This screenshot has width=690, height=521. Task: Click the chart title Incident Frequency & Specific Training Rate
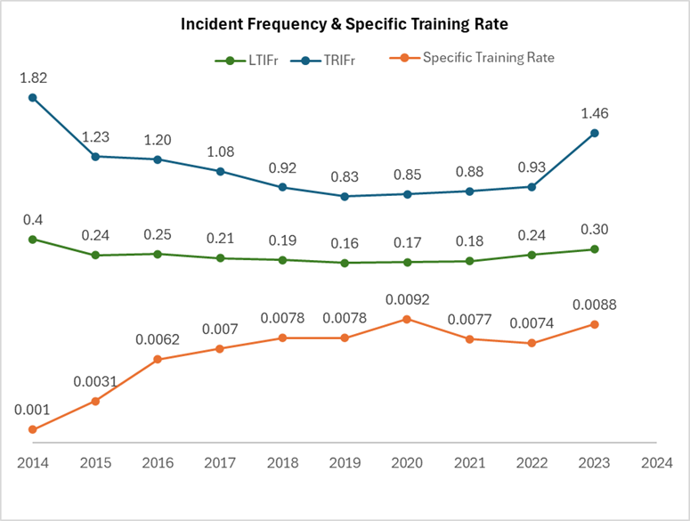coord(345,24)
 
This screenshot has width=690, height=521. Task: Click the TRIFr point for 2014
coord(32,97)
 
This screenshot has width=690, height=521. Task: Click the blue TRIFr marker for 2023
coord(594,133)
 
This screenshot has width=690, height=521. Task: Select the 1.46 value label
coord(594,113)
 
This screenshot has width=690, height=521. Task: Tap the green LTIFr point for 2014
coord(32,239)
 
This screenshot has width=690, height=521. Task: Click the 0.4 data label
coord(32,219)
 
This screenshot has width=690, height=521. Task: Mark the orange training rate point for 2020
coord(407,318)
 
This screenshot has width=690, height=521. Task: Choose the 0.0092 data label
coord(407,298)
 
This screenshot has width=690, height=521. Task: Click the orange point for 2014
coord(32,429)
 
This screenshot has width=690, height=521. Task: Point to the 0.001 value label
coord(32,410)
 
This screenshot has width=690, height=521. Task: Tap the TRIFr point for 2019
coord(345,196)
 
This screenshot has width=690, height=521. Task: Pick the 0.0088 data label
coord(594,305)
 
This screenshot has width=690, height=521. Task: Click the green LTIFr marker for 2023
coord(594,249)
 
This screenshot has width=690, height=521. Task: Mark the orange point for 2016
coord(158,359)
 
